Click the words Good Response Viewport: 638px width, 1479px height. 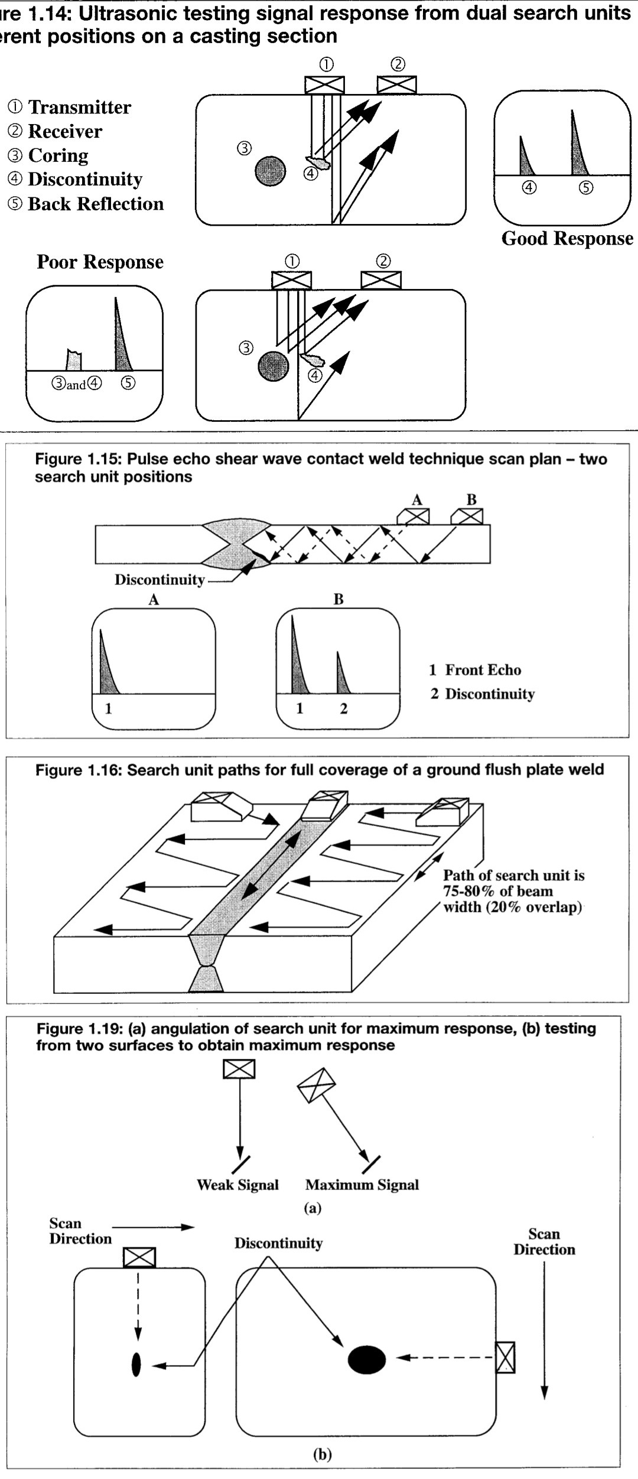[x=567, y=239]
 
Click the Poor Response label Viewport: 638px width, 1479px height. [x=100, y=262]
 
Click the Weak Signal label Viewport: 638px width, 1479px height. [x=237, y=1184]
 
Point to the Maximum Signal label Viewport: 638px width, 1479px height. [x=362, y=1184]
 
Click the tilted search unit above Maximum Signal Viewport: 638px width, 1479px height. [x=316, y=1085]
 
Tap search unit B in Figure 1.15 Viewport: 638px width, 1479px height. [x=467, y=516]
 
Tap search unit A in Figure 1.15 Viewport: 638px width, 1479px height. [x=414, y=516]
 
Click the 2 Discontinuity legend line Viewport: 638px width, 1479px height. [x=483, y=694]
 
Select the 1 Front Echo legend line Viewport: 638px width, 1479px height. [x=476, y=669]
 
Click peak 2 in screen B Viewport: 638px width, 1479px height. [x=342, y=674]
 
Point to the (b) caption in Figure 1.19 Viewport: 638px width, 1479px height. [x=322, y=1454]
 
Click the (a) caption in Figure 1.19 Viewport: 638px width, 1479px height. [x=313, y=1208]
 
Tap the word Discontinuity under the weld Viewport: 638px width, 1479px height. [x=159, y=580]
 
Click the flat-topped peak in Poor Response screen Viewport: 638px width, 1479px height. [x=73, y=359]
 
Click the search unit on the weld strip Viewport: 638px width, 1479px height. [x=324, y=807]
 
